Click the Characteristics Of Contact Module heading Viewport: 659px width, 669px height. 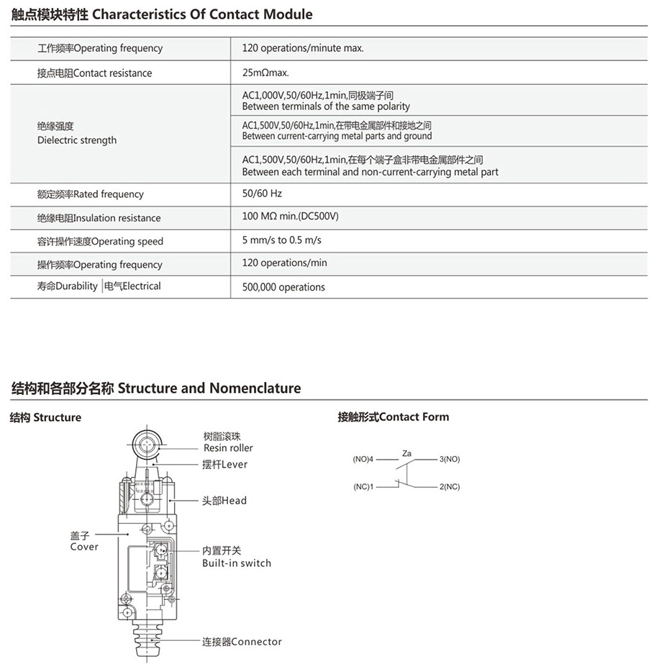pos(162,14)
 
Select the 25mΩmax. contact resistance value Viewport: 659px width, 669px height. pos(265,73)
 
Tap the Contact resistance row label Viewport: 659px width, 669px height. pos(94,73)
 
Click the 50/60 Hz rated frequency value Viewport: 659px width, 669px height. pos(262,194)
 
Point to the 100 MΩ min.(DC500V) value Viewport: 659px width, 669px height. pos(290,217)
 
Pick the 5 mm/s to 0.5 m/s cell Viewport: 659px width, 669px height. pos(281,240)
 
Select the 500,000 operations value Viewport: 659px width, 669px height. pos(283,287)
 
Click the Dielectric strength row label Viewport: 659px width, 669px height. pos(76,134)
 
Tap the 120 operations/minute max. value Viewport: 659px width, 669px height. pos(303,48)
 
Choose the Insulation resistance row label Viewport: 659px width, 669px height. pos(99,218)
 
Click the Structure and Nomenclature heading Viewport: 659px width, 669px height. pos(156,388)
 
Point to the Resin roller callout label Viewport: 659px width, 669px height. pos(228,442)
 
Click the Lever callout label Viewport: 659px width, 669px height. pos(224,465)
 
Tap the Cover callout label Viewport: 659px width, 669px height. pos(84,541)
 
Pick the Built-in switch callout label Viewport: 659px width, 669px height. pos(236,557)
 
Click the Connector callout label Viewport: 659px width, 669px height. pos(242,642)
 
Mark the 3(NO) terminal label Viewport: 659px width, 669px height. pos(449,459)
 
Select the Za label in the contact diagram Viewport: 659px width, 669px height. pos(407,453)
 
